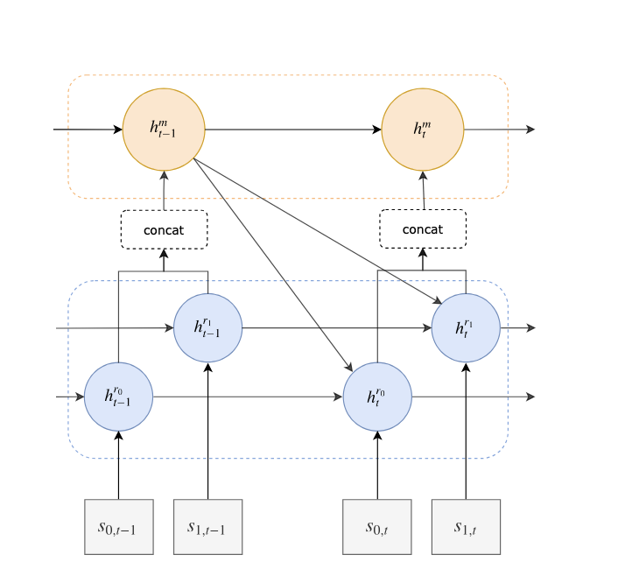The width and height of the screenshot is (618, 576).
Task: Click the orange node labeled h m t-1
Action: pyautogui.click(x=164, y=130)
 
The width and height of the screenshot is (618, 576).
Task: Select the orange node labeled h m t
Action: pyautogui.click(x=423, y=130)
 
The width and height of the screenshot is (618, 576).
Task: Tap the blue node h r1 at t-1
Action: pyautogui.click(x=207, y=328)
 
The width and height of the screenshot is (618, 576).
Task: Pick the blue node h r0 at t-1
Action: pyautogui.click(x=118, y=397)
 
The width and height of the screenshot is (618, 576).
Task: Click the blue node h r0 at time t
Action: pyautogui.click(x=377, y=397)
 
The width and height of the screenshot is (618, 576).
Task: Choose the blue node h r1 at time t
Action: pyautogui.click(x=467, y=328)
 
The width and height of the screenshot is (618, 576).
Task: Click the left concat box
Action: pyautogui.click(x=164, y=229)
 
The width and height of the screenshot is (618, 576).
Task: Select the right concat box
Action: pyautogui.click(x=423, y=229)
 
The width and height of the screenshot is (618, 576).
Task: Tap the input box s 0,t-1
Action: pyautogui.click(x=118, y=526)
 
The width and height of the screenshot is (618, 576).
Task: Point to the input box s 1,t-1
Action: pyautogui.click(x=207, y=526)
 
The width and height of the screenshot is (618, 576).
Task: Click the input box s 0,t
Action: pyautogui.click(x=377, y=526)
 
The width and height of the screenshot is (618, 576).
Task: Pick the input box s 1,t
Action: pyautogui.click(x=467, y=526)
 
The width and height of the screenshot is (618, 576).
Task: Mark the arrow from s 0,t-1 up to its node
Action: pyautogui.click(x=118, y=465)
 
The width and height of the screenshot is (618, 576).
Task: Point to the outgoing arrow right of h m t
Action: pyautogui.click(x=499, y=130)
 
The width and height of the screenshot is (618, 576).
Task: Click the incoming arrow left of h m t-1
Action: pyautogui.click(x=88, y=130)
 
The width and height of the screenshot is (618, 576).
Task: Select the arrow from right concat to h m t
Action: pyautogui.click(x=424, y=191)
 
